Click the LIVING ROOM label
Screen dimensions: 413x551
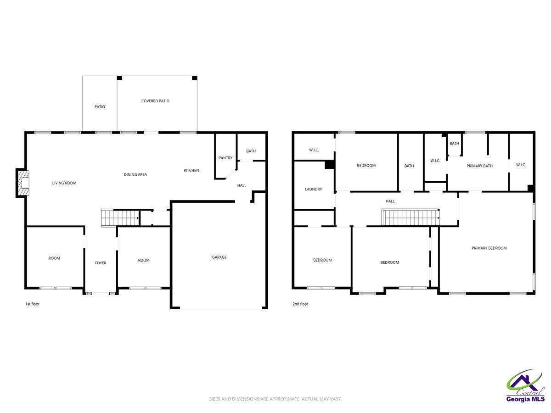[64, 183]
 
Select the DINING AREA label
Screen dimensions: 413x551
[135, 174]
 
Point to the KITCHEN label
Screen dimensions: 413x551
[191, 171]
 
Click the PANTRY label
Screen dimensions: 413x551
[225, 158]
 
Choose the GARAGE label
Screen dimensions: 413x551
[219, 257]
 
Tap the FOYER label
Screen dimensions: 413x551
[101, 263]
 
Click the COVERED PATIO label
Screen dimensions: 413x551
[155, 101]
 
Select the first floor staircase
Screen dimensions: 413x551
[120, 218]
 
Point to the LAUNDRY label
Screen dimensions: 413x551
[314, 189]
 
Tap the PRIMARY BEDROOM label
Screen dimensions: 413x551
[489, 248]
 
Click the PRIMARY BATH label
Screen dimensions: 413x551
[479, 166]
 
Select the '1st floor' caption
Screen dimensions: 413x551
[32, 304]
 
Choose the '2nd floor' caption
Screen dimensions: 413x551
[300, 304]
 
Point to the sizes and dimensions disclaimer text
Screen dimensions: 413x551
[275, 399]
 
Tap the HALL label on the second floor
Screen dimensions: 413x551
[390, 201]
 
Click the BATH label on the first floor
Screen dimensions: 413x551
[251, 151]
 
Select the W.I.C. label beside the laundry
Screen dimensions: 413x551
[314, 150]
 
